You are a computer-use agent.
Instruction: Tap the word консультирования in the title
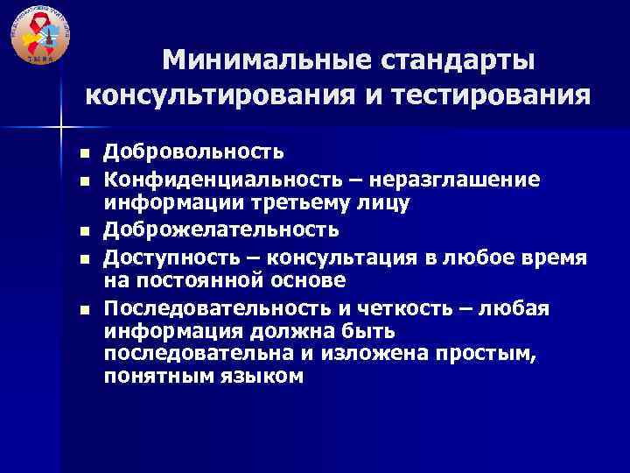[221, 94]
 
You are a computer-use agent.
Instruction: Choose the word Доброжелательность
[220, 229]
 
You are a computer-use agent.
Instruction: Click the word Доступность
[178, 256]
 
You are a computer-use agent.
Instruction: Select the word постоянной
[200, 281]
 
